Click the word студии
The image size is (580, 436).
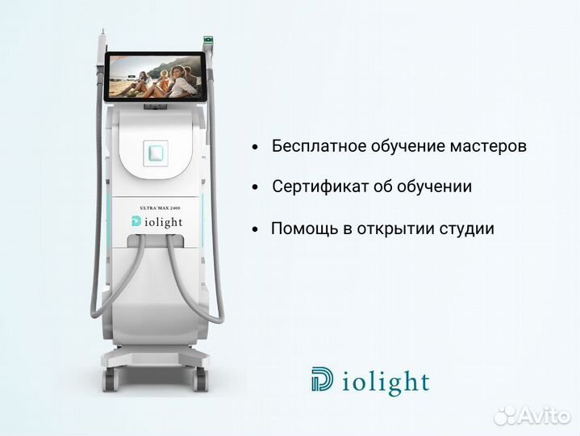(467, 228)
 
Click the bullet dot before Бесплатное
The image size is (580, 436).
(255, 148)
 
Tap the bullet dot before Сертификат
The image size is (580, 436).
(255, 187)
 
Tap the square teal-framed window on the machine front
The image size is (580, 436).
(156, 150)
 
